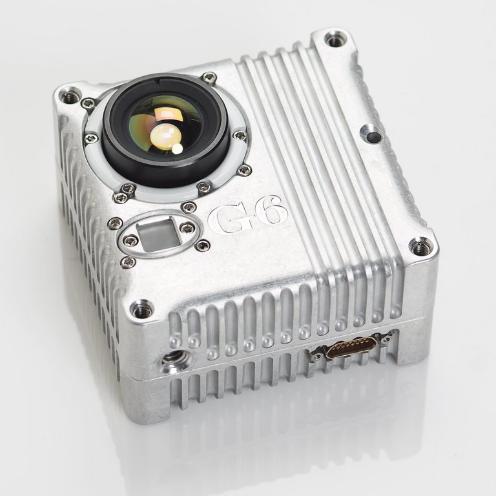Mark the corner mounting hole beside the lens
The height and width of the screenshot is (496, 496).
coord(69,98)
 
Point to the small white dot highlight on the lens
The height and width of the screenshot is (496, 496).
coord(176,149)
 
